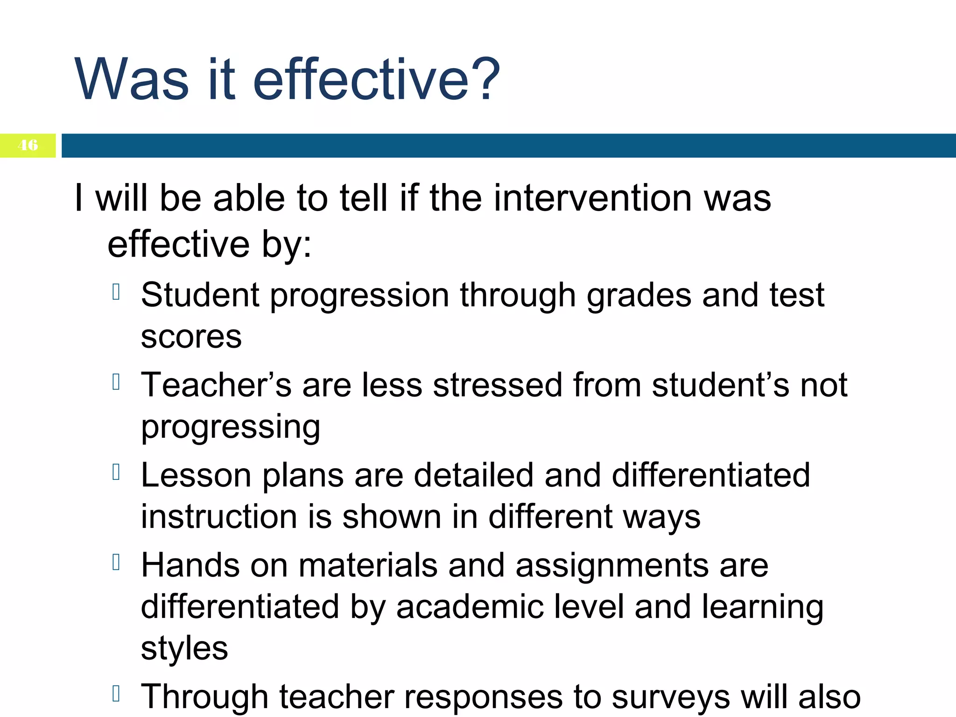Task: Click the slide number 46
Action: tap(28, 145)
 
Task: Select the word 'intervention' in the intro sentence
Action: tap(593, 198)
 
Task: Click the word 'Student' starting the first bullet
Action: tap(200, 295)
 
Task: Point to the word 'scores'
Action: tap(191, 337)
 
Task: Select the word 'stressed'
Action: tap(498, 385)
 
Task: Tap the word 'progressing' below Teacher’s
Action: tap(231, 427)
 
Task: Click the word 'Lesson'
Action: tap(196, 475)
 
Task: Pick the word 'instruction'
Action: tap(219, 517)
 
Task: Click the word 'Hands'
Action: tap(190, 565)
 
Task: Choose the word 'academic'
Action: tap(470, 607)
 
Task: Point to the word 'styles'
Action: tap(184, 648)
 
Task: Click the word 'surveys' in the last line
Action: tap(670, 697)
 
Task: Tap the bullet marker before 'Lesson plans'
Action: tap(117, 472)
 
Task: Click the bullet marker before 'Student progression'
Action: tap(117, 292)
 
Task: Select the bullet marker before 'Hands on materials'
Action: tap(117, 562)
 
